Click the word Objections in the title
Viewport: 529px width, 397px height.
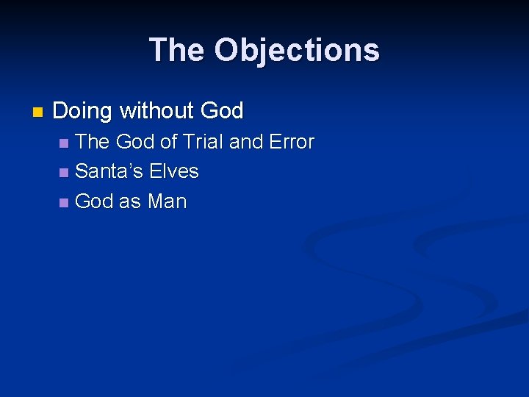click(x=297, y=51)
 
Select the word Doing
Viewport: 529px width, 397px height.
click(x=82, y=112)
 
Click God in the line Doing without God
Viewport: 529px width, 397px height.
click(x=221, y=111)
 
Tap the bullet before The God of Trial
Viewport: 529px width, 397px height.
click(x=65, y=143)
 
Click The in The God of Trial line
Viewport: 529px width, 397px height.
click(x=93, y=142)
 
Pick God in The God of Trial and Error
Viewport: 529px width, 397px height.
click(x=136, y=142)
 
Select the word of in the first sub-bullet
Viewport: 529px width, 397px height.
click(x=169, y=142)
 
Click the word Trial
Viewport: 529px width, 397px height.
click(x=203, y=142)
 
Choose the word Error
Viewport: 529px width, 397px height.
click(x=292, y=142)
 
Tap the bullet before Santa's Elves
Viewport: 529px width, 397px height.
click(x=65, y=173)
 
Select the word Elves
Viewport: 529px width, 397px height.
click(x=174, y=171)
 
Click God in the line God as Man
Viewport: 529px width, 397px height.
click(x=94, y=201)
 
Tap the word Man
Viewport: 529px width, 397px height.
click(x=167, y=201)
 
